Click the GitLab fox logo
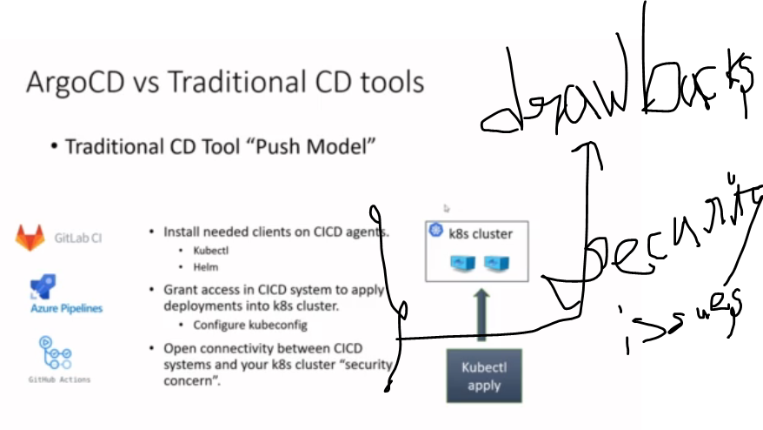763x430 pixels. (30, 237)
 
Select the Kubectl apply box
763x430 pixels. (484, 376)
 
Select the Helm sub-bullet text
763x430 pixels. (205, 268)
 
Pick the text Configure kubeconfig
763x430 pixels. (250, 325)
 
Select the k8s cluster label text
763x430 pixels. (481, 233)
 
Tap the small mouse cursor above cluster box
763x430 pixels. (447, 209)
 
